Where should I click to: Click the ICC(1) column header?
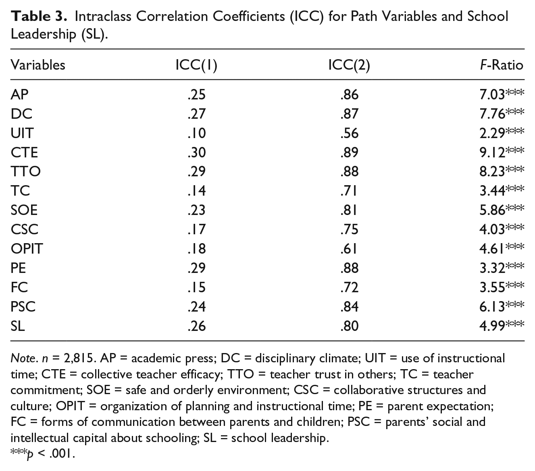click(196, 65)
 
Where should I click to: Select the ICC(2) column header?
click(349, 65)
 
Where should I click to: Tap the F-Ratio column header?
click(502, 65)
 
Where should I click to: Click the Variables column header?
click(38, 65)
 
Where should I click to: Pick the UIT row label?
click(22, 133)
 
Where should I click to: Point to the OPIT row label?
click(27, 249)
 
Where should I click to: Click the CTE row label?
click(24, 153)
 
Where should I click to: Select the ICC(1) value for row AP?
click(196, 95)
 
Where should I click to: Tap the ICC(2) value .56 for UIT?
click(350, 133)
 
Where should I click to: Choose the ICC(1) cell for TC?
click(196, 191)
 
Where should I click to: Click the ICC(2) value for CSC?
click(350, 229)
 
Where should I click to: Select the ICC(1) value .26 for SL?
click(196, 326)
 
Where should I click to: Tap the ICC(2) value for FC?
click(350, 287)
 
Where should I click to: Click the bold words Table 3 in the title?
click(39, 17)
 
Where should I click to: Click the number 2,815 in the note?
click(79, 359)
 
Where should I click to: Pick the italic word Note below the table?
click(23, 358)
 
